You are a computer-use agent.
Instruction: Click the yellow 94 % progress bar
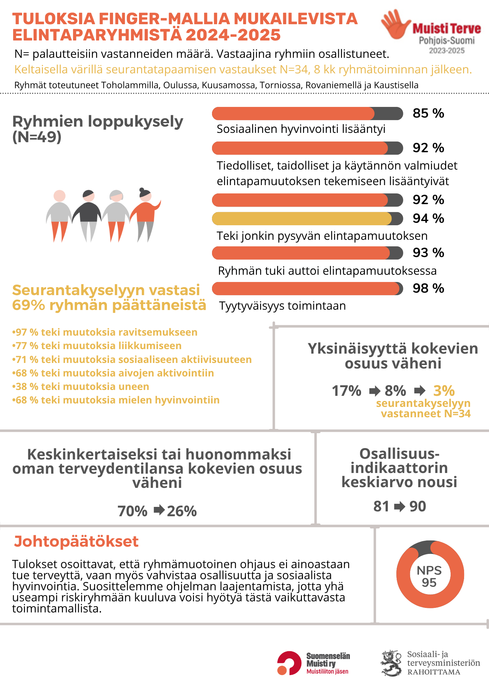click(x=307, y=219)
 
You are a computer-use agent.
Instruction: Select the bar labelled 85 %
click(x=307, y=113)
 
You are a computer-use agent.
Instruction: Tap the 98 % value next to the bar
click(x=428, y=288)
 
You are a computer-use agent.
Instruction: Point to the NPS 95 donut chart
click(x=430, y=575)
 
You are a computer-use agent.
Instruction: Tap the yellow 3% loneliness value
click(x=444, y=391)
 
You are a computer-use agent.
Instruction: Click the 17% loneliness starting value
click(x=347, y=391)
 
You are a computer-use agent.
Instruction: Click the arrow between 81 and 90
click(x=399, y=507)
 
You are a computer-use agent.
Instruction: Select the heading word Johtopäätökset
click(x=76, y=541)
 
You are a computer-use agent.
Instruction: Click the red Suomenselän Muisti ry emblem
click(x=289, y=663)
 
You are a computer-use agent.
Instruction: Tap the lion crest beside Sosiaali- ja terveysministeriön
click(x=392, y=663)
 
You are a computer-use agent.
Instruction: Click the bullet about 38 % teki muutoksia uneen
click(x=81, y=386)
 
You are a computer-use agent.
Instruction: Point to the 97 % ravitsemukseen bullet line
click(x=105, y=332)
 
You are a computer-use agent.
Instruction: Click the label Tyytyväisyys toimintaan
click(x=283, y=306)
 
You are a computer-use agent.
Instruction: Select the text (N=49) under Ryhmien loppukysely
click(x=37, y=137)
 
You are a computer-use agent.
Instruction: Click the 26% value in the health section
click(x=182, y=511)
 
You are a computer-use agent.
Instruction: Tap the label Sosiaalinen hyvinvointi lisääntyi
click(x=301, y=129)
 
